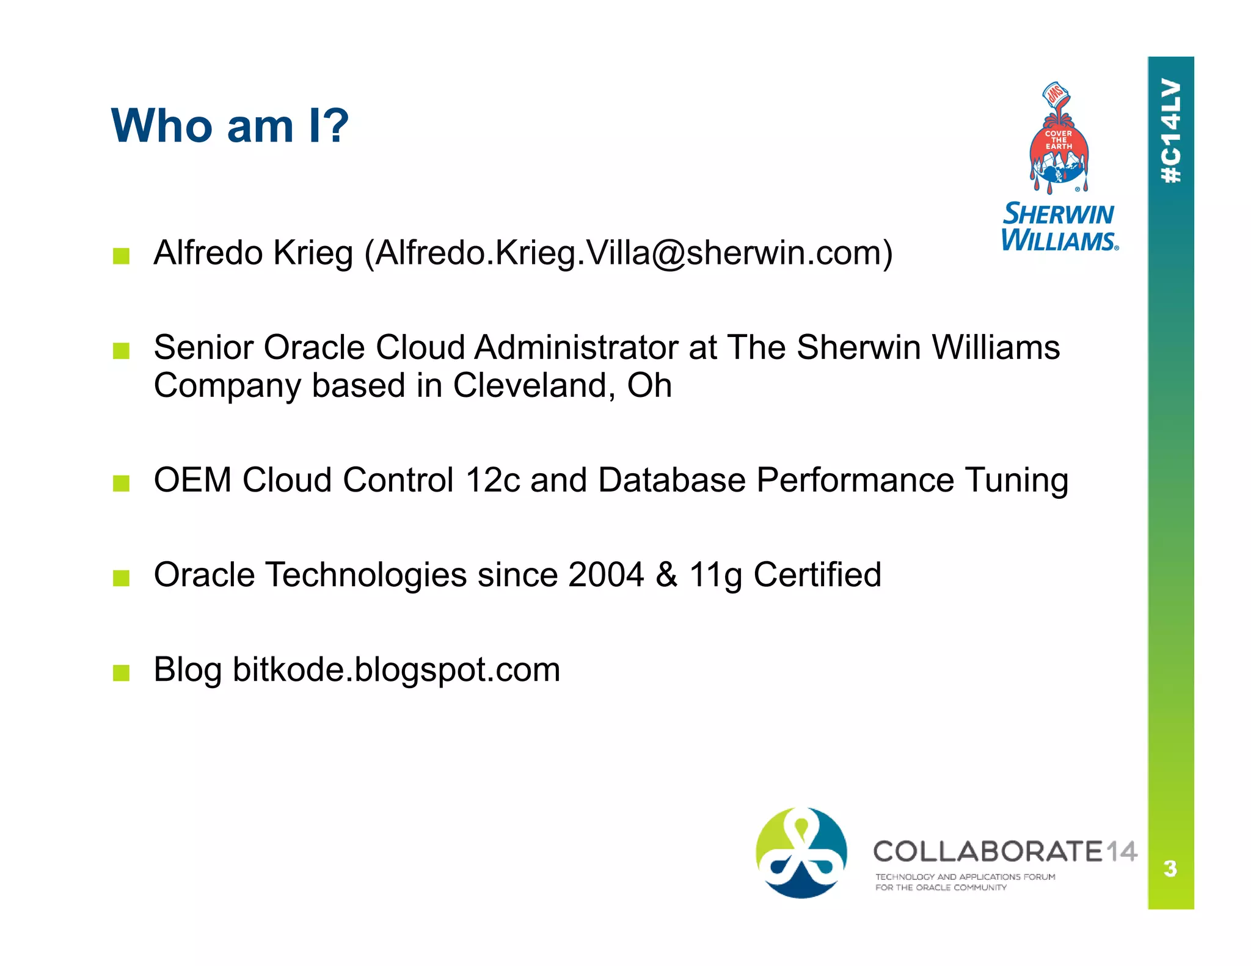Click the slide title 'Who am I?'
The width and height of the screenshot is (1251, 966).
pyautogui.click(x=230, y=126)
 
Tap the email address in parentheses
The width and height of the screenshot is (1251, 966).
pyautogui.click(x=633, y=253)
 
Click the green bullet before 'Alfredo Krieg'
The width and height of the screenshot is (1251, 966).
pyautogui.click(x=121, y=256)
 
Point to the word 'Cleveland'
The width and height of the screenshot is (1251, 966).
pyautogui.click(x=530, y=385)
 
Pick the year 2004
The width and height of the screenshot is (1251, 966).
pyautogui.click(x=605, y=575)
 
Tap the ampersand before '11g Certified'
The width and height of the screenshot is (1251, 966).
pyautogui.click(x=666, y=575)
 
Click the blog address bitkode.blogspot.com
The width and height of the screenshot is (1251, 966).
pyautogui.click(x=396, y=670)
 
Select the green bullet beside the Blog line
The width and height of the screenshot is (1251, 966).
pyautogui.click(x=121, y=673)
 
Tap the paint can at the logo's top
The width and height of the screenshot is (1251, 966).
pyautogui.click(x=1056, y=95)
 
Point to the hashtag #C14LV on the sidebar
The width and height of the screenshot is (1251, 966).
pyautogui.click(x=1170, y=131)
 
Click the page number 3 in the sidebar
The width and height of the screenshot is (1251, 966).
pyautogui.click(x=1170, y=868)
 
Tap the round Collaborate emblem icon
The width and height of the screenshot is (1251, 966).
pyautogui.click(x=801, y=853)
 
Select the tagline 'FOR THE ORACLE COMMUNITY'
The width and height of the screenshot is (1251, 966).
pyautogui.click(x=941, y=888)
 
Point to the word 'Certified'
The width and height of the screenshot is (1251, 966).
pyautogui.click(x=817, y=575)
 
